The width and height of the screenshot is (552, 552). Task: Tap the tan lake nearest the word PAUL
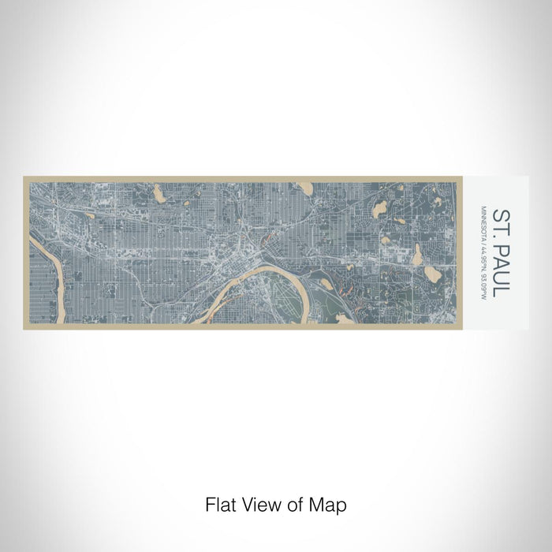click(x=433, y=273)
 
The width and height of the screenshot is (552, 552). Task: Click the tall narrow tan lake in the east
click(x=417, y=253)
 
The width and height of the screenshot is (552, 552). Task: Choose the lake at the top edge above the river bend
click(x=303, y=188)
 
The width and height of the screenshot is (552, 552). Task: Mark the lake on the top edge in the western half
click(x=159, y=192)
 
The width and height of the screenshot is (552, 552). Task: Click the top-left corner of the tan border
click(x=24, y=177)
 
